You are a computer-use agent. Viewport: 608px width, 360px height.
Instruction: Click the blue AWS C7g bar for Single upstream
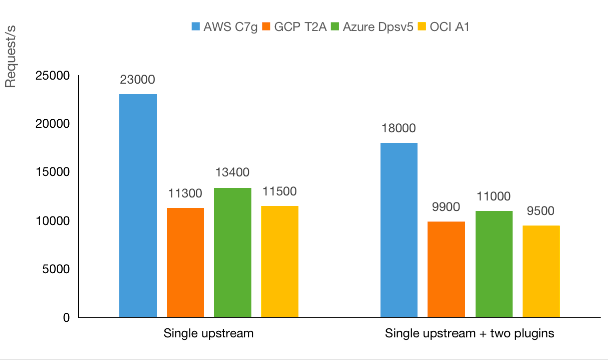tap(138, 206)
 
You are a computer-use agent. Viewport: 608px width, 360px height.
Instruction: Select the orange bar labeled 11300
tap(185, 262)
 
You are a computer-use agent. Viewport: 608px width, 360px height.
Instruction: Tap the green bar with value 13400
tap(232, 252)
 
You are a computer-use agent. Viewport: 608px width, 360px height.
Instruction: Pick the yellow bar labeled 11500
tap(280, 261)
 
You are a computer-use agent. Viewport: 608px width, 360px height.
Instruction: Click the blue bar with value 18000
tap(399, 230)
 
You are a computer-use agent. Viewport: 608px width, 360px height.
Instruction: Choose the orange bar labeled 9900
tap(446, 269)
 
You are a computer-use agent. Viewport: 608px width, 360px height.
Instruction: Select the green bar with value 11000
tap(494, 264)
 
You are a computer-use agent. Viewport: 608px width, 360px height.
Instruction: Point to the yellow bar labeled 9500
tap(541, 271)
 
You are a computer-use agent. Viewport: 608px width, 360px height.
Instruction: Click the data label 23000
tap(137, 79)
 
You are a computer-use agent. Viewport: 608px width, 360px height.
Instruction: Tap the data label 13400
tap(232, 173)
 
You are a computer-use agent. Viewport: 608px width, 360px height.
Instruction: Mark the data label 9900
tap(446, 207)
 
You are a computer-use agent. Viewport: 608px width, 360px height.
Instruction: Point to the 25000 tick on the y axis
tap(52, 76)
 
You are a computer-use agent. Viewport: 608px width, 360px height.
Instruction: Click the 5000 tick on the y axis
tap(55, 269)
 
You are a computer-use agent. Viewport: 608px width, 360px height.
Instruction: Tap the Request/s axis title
tap(11, 65)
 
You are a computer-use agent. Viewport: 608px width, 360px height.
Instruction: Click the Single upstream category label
tap(208, 333)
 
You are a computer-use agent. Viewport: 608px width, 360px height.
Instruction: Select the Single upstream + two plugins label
tap(470, 333)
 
